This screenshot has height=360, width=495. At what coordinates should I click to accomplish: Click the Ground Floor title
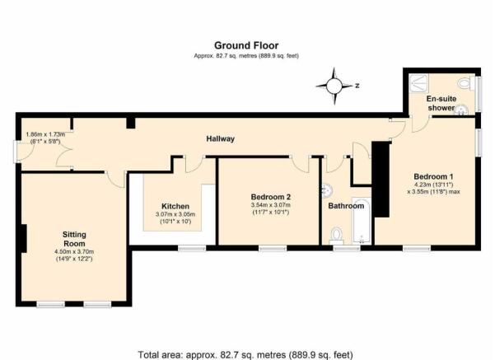246,45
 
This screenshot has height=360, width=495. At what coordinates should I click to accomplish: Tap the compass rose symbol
334,86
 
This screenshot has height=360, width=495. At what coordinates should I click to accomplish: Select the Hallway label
221,138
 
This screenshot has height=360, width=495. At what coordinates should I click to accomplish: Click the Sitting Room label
74,239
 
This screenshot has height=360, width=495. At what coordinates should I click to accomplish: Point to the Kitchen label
175,206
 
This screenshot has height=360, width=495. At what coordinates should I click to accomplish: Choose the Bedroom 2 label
270,197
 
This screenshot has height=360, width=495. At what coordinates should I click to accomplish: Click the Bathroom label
346,206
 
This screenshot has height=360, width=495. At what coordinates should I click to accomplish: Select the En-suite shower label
441,103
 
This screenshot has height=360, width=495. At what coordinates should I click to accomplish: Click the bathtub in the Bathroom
361,221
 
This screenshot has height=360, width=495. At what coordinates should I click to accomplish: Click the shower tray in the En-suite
418,83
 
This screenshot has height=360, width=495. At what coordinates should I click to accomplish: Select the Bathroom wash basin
327,190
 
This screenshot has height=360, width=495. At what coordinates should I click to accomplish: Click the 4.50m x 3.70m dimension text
74,252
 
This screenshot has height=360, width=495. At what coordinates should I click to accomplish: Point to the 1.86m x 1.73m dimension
45,134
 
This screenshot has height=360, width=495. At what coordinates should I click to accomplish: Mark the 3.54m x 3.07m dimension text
270,205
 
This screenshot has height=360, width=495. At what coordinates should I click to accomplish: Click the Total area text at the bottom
245,354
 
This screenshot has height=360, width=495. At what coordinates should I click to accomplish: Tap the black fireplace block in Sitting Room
23,238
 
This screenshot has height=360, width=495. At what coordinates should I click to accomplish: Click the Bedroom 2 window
273,249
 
